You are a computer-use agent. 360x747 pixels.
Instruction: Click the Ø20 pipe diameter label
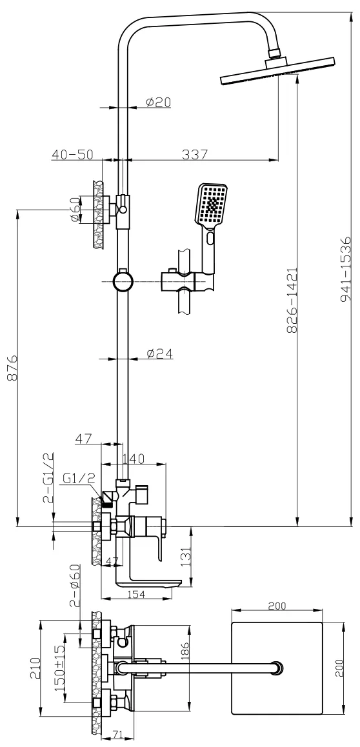tap(159, 101)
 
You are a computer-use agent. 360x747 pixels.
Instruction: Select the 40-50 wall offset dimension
tap(73, 154)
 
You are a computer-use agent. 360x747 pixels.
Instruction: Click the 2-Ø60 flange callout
tap(74, 588)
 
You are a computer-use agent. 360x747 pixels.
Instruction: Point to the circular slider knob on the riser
tap(123, 281)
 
